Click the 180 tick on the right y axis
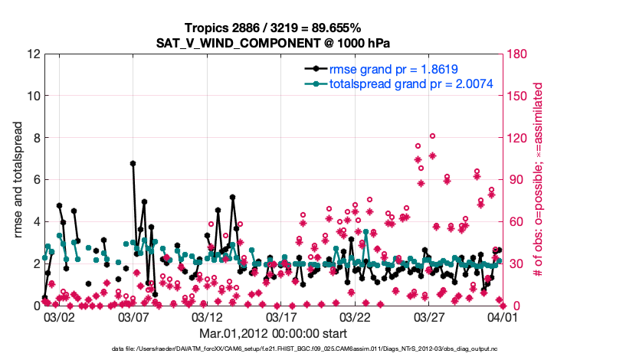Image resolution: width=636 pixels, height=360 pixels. [519, 54]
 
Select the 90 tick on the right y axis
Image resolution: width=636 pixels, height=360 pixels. [516, 180]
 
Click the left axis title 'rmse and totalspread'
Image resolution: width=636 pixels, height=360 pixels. [18, 180]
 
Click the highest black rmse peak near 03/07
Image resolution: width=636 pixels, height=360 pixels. [133, 163]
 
